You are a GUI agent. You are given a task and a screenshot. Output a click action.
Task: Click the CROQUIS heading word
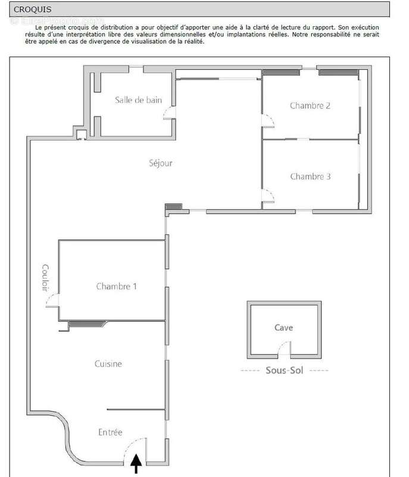tap(33, 10)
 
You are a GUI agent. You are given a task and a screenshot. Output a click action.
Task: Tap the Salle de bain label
tap(139, 100)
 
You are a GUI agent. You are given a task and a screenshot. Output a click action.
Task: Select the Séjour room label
tap(161, 163)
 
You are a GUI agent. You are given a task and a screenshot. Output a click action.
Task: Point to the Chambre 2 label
tap(310, 106)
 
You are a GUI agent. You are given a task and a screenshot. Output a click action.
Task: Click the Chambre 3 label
tap(310, 176)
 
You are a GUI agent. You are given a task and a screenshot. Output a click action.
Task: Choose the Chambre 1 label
tap(116, 286)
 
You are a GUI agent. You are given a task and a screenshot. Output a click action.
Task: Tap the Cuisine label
tap(108, 364)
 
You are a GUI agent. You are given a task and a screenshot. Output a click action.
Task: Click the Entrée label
tap(110, 432)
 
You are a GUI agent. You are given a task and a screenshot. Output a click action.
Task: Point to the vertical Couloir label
tap(45, 277)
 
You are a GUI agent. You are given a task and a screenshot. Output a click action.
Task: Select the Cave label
tap(283, 327)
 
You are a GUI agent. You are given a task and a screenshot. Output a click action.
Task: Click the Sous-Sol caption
tap(285, 370)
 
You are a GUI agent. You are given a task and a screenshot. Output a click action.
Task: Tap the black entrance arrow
tap(136, 464)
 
